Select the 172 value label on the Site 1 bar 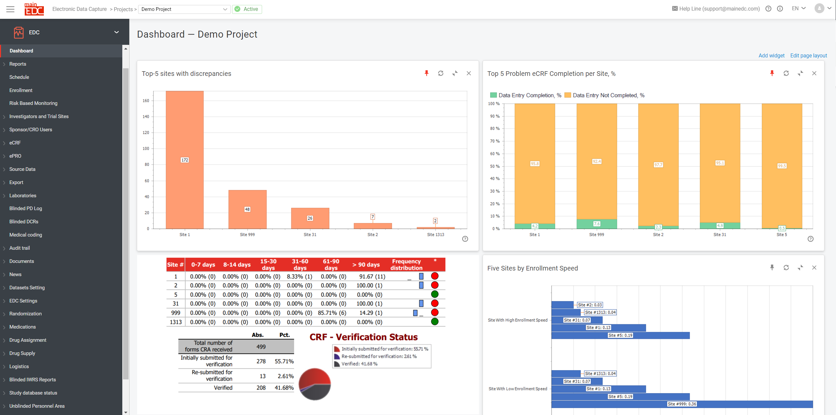[185, 160]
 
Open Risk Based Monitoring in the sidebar [33, 103]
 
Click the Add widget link [771, 55]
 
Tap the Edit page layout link [808, 55]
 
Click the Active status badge [247, 9]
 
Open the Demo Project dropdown [184, 9]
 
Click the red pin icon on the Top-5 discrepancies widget [426, 73]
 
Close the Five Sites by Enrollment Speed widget [814, 268]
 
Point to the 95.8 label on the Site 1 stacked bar [534, 164]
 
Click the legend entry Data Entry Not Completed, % [605, 95]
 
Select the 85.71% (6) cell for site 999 [332, 313]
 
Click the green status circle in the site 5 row [434, 294]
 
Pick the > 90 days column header [366, 265]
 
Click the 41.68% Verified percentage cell [284, 388]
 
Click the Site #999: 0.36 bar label [681, 404]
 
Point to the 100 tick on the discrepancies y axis [146, 148]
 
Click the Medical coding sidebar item [26, 235]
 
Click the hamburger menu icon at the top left [11, 9]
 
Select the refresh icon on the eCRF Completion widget [786, 73]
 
